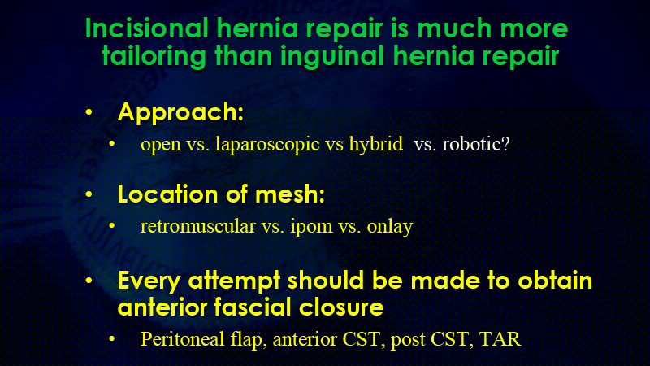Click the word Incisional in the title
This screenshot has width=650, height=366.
(146, 28)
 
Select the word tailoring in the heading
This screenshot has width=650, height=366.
(154, 56)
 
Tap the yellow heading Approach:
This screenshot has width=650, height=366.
(180, 112)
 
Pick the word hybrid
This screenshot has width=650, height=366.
(375, 144)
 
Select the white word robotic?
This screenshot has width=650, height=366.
(476, 144)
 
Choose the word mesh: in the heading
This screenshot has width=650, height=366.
(290, 194)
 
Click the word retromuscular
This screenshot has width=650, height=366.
(197, 227)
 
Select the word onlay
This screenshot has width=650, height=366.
(390, 227)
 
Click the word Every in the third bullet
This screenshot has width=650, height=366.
(149, 281)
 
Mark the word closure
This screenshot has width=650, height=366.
(341, 307)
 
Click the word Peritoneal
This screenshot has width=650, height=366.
(182, 338)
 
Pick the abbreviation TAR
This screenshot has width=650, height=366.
(500, 339)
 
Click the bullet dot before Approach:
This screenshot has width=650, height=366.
(89, 112)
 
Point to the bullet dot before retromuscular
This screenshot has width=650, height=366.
(111, 226)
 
